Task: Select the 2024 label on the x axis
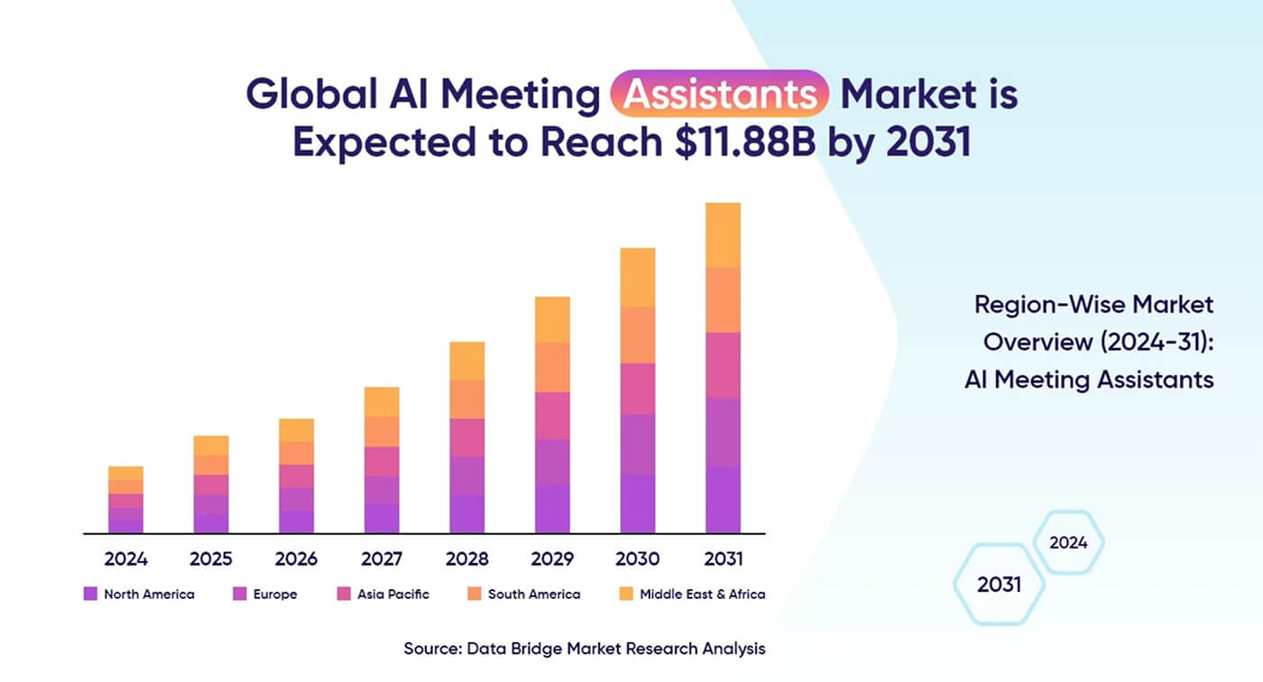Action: coord(125,558)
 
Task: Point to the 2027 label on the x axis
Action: coord(382,558)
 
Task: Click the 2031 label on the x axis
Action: coord(723,558)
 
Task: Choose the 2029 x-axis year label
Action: coord(552,558)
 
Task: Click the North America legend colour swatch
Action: coord(89,594)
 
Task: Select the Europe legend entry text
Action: coord(275,594)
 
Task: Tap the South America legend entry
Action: coord(534,594)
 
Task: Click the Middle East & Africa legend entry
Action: coord(702,594)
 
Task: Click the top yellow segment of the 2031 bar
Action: coord(723,235)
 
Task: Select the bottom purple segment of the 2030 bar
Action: coord(638,502)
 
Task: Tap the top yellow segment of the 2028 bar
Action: coord(466,361)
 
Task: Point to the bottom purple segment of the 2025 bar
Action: coord(211,523)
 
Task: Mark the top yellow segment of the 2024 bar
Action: coord(125,473)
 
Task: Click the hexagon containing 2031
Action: coord(999,585)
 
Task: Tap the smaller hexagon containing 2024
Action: coord(1068,542)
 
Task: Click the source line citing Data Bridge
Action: coord(585,648)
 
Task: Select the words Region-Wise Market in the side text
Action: coord(1093,304)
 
